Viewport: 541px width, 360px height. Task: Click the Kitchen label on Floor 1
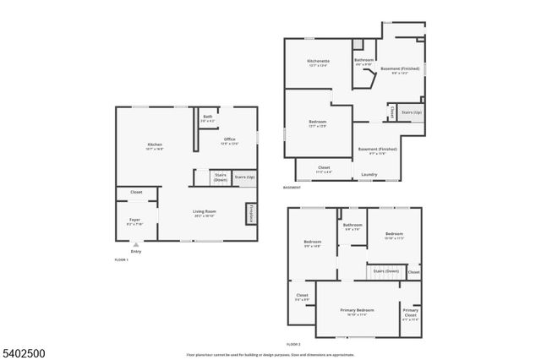[x=155, y=145]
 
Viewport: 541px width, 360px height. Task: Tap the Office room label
[x=229, y=140]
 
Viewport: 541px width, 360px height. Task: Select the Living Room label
[x=205, y=213]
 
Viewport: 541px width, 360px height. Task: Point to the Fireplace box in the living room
[x=251, y=215]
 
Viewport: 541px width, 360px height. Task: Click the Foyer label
[x=135, y=221]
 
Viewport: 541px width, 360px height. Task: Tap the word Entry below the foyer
[x=136, y=252]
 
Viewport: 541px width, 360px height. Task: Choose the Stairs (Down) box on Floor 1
[x=220, y=177]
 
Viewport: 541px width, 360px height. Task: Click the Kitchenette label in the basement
[x=318, y=63]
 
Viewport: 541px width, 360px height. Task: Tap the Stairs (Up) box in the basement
[x=412, y=112]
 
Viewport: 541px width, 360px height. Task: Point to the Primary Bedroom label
[x=358, y=311]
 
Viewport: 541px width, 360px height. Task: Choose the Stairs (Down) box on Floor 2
[x=386, y=271]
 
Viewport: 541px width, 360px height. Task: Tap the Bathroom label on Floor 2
[x=352, y=226]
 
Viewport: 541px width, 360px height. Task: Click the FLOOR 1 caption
[x=121, y=259]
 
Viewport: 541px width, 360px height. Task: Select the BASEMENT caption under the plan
[x=292, y=187]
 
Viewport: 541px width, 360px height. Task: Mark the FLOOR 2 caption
[x=293, y=344]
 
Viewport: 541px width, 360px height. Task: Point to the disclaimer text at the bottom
[x=270, y=354]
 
